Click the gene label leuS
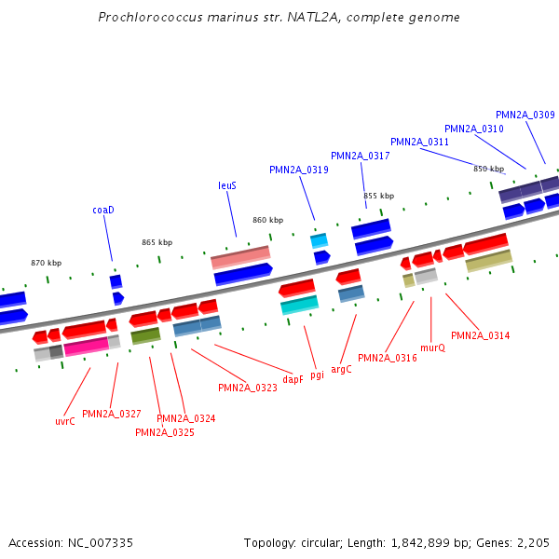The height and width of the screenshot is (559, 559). pyautogui.click(x=227, y=185)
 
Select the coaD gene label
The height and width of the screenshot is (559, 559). pyautogui.click(x=102, y=210)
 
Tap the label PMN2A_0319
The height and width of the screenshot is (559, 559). pyautogui.click(x=298, y=170)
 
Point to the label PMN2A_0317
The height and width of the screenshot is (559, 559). pyautogui.click(x=360, y=156)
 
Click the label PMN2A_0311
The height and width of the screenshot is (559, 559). pyautogui.click(x=419, y=142)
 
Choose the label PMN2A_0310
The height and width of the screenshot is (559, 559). pyautogui.click(x=473, y=129)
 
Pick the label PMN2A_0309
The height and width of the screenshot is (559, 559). pyautogui.click(x=525, y=115)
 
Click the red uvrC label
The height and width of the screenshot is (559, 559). pyautogui.click(x=64, y=421)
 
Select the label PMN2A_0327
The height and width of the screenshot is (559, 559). pyautogui.click(x=111, y=414)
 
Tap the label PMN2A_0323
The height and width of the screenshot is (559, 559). pyautogui.click(x=247, y=388)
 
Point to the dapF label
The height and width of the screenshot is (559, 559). pyautogui.click(x=293, y=379)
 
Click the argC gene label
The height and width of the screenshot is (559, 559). pyautogui.click(x=341, y=369)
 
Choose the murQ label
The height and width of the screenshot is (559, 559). pyautogui.click(x=432, y=348)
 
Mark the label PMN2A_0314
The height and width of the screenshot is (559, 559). pyautogui.click(x=480, y=335)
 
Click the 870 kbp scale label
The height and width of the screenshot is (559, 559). pyautogui.click(x=46, y=263)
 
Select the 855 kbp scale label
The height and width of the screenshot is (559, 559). pyautogui.click(x=378, y=196)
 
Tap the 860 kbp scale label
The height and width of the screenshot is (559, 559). pyautogui.click(x=267, y=220)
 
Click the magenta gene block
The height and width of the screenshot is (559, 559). pyautogui.click(x=86, y=347)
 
